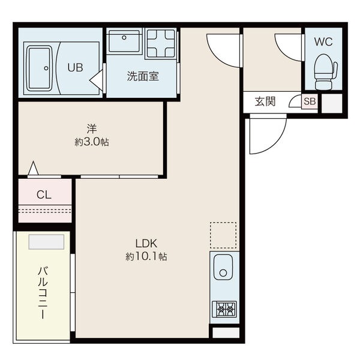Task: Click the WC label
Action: (x=325, y=42)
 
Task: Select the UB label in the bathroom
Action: (x=76, y=68)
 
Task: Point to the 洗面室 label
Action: (x=142, y=76)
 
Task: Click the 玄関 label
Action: (x=265, y=101)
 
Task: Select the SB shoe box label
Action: (x=309, y=101)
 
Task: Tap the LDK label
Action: (x=146, y=244)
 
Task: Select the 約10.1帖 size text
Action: (x=146, y=257)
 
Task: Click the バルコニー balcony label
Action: (x=43, y=292)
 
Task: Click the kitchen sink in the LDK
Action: (x=223, y=271)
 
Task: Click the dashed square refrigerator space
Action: (x=224, y=235)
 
